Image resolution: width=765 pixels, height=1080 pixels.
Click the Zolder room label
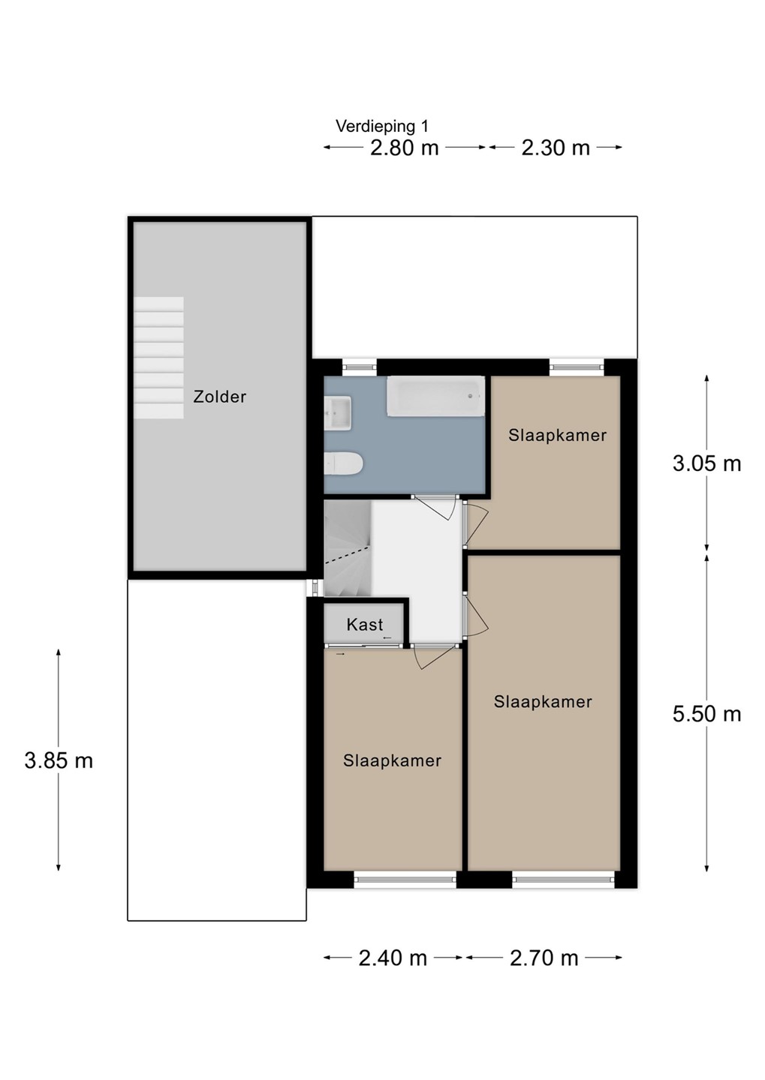click(220, 397)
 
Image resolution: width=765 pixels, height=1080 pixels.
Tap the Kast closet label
click(364, 625)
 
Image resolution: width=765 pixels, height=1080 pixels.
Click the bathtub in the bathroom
click(435, 396)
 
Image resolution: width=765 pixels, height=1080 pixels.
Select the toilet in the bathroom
click(343, 463)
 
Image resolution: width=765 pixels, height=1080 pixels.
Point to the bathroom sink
click(338, 412)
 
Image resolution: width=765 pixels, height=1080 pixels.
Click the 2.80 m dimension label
click(404, 148)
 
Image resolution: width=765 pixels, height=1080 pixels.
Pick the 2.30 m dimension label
click(556, 148)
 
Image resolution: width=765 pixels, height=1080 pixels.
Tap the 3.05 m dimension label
click(706, 463)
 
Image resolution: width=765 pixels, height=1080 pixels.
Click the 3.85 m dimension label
click(59, 760)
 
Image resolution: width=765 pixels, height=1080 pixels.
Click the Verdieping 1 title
click(382, 126)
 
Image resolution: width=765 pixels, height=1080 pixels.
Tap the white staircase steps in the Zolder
click(159, 357)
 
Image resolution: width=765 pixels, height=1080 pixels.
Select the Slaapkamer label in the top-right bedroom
click(557, 435)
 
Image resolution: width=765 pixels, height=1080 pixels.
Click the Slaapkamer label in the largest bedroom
click(543, 701)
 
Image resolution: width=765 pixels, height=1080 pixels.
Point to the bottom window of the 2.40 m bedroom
click(405, 880)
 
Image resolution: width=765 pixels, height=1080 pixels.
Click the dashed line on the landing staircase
click(348, 555)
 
